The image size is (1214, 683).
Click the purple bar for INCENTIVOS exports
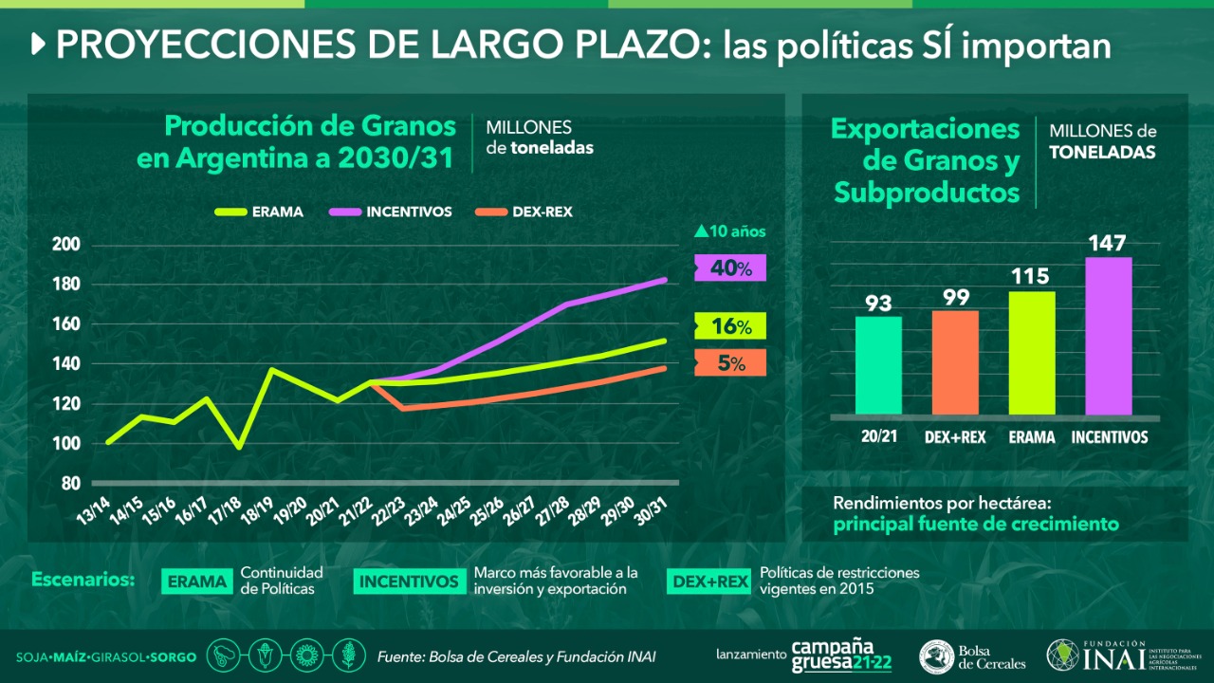[x=1109, y=336]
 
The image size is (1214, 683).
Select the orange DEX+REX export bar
[x=955, y=362]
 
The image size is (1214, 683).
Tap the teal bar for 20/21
[x=878, y=365]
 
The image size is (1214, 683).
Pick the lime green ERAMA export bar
[x=1032, y=353]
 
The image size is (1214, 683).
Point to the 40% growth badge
[x=729, y=268]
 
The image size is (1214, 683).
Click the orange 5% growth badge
[x=729, y=362]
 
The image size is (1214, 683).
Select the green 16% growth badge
[x=729, y=326]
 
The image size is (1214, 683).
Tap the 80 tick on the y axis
[x=70, y=483]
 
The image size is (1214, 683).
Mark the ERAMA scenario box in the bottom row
[x=198, y=581]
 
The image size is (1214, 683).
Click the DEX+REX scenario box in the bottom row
[x=708, y=581]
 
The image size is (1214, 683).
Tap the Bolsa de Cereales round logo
[x=937, y=656]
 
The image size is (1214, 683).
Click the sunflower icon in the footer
[x=304, y=655]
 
